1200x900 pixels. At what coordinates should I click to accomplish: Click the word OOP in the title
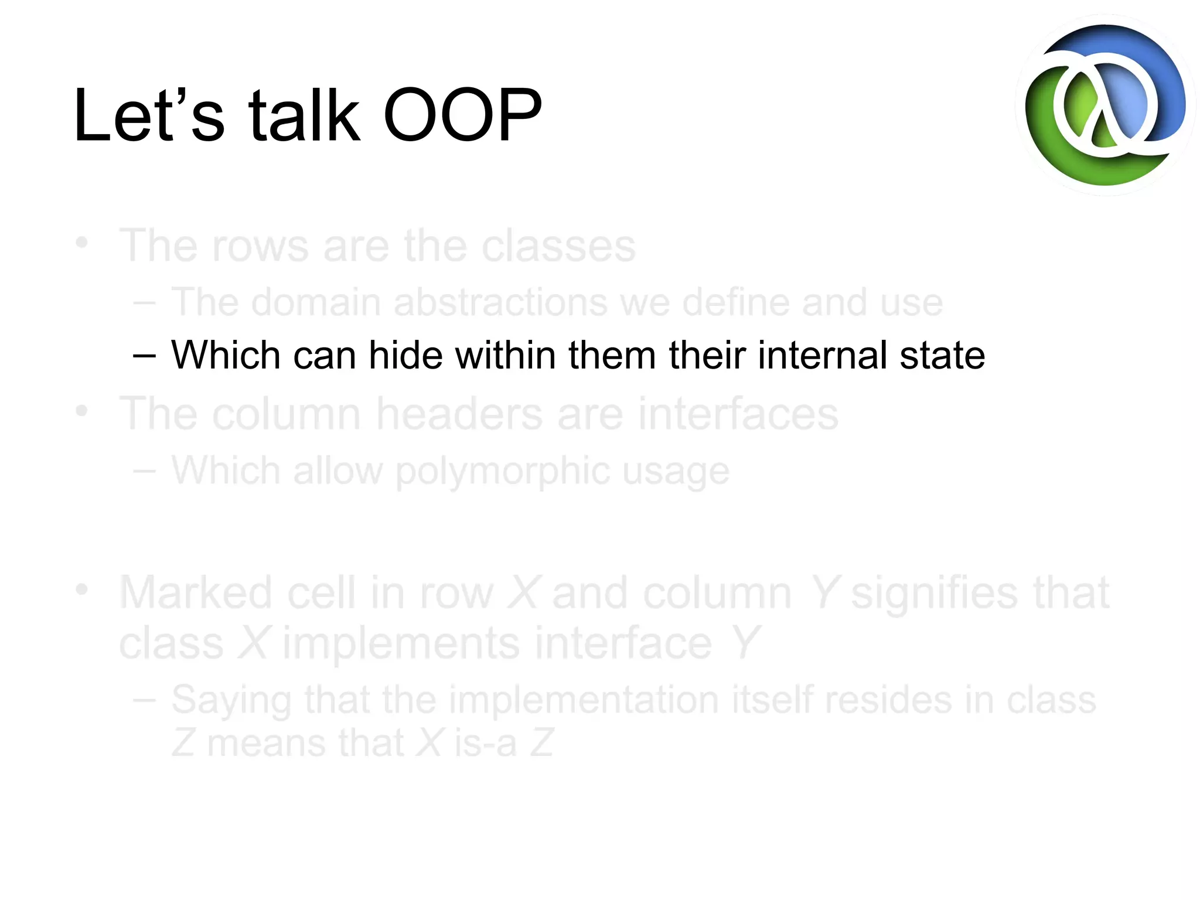point(462,115)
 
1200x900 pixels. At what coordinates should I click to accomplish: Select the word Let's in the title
point(149,115)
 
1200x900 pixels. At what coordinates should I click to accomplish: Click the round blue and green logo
point(1105,105)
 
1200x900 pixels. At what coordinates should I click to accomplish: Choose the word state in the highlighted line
point(942,355)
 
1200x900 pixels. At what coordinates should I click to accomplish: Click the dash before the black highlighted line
point(144,356)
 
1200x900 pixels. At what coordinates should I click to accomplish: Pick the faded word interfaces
point(738,414)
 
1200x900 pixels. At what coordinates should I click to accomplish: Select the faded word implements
point(401,643)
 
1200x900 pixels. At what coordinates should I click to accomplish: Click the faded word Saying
point(231,701)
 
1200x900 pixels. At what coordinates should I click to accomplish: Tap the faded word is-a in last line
point(486,743)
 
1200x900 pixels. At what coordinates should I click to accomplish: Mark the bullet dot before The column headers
point(82,411)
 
